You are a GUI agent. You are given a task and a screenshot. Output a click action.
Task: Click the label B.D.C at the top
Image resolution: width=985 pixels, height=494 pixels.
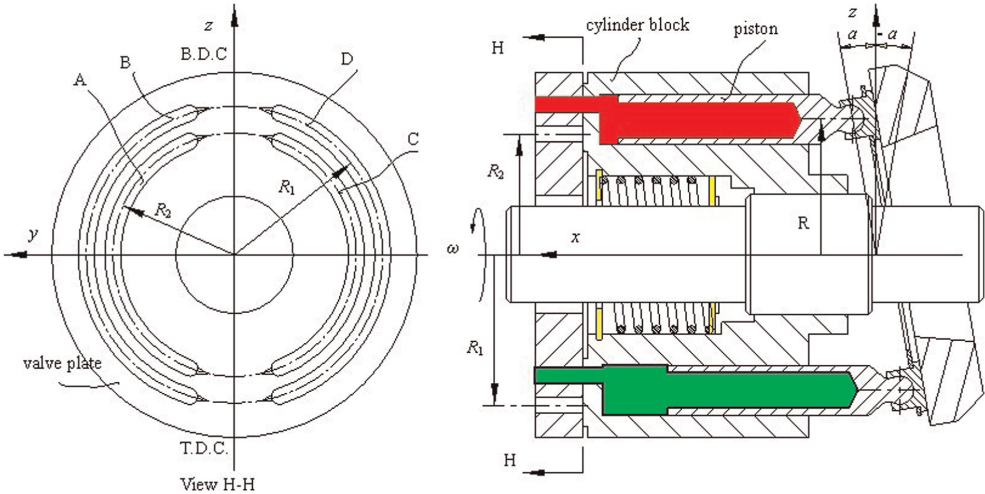coord(204,55)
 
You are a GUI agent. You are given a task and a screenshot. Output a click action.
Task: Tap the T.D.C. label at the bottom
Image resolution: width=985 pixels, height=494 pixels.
coord(204,448)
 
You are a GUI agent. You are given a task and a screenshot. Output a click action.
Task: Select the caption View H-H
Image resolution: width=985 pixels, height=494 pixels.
coord(218,484)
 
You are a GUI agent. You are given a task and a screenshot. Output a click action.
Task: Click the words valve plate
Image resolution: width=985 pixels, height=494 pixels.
coord(62,363)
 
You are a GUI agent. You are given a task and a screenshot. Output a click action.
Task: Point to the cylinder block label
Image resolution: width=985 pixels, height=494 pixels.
coord(637,24)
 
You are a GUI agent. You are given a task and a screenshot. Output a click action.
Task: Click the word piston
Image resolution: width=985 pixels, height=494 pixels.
coord(755,29)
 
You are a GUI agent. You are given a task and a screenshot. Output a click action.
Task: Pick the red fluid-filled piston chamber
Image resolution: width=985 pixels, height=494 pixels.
coord(669,118)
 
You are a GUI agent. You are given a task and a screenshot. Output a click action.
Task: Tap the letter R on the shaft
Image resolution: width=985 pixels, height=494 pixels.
coord(803,223)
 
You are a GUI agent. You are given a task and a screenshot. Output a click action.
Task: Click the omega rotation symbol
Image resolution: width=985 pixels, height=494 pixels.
coord(452,249)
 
